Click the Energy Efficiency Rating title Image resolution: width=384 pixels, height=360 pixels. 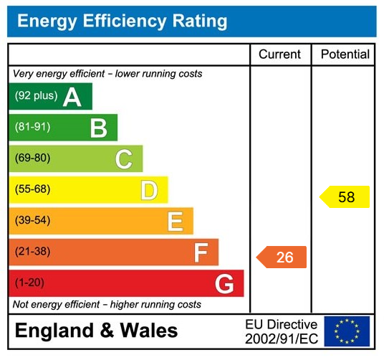(122, 22)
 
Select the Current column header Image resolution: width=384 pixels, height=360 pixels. (280, 55)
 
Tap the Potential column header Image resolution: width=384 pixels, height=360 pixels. (345, 55)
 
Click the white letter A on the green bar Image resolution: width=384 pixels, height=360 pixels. (72, 97)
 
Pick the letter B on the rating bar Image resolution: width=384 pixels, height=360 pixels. (98, 128)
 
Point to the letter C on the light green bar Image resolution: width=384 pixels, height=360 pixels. (124, 159)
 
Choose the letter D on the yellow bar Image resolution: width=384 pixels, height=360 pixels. (149, 191)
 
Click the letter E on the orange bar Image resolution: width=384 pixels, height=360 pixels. (175, 222)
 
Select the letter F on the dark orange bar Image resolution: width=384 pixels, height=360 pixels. (201, 252)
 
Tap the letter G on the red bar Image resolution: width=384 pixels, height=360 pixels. (224, 284)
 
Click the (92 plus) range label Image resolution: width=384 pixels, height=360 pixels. (36, 96)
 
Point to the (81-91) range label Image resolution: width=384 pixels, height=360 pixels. (32, 128)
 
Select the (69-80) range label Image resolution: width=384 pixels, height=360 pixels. (32, 158)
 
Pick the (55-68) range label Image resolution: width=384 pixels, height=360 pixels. (32, 190)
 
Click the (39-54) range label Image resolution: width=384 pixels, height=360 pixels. (32, 221)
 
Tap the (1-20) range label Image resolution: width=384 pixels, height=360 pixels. (29, 283)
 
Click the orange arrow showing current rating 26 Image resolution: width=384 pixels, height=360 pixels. (282, 257)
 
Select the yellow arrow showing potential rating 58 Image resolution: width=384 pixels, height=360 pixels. (345, 196)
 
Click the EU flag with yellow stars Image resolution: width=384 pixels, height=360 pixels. (347, 331)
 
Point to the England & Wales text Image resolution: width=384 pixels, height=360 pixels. (96, 331)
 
